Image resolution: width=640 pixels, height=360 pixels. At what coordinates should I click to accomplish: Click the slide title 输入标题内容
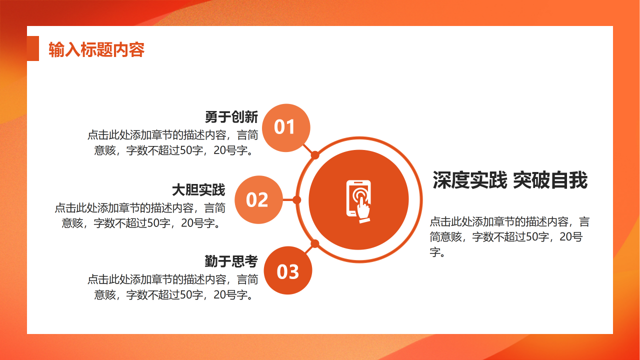(x=96, y=50)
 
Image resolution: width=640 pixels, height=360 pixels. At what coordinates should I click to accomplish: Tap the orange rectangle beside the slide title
(x=33, y=48)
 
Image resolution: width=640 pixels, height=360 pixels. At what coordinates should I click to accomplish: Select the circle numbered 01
(x=286, y=127)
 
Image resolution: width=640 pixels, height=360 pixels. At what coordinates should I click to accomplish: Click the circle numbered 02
(x=258, y=199)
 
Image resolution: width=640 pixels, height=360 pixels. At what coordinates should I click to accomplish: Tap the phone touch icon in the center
(x=358, y=199)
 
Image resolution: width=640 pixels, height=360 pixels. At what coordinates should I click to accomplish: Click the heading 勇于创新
(x=231, y=117)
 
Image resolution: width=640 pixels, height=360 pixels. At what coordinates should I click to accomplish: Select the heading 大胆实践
(x=198, y=190)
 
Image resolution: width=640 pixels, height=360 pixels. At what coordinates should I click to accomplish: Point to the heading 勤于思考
(x=231, y=261)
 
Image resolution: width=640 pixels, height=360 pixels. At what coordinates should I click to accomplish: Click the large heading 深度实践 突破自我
(x=509, y=180)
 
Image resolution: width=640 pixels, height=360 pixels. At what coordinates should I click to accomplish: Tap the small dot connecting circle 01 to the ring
(x=315, y=155)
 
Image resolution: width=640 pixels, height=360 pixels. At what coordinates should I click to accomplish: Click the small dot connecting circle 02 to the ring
(x=296, y=200)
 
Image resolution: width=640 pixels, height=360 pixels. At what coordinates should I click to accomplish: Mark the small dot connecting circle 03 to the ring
(x=315, y=244)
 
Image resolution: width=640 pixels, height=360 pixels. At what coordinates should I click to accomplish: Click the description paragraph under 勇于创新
(x=173, y=142)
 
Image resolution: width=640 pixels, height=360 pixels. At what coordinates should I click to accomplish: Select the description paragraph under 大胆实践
(x=140, y=215)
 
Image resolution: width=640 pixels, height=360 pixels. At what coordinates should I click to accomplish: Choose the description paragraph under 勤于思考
(x=173, y=287)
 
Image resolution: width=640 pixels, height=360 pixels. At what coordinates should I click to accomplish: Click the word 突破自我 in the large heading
(x=550, y=180)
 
